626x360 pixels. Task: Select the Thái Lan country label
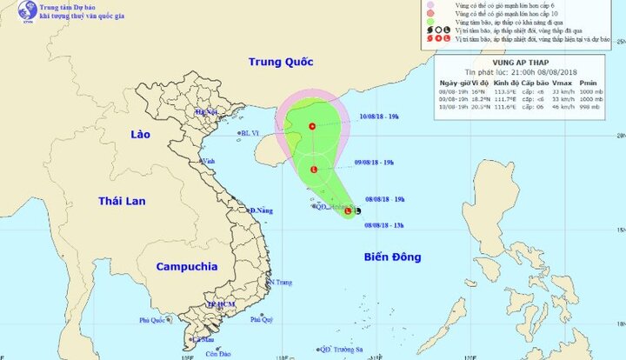pos(120,201)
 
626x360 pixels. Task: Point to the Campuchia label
pos(186,266)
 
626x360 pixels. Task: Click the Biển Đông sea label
pos(393,257)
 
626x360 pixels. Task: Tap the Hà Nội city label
pos(205,112)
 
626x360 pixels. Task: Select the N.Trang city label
pos(280,283)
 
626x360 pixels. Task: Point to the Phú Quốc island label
pos(152,321)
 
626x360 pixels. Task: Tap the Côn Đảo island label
pos(218,353)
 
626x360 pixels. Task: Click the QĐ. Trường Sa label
pos(340,350)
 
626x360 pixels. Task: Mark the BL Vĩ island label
pos(250,133)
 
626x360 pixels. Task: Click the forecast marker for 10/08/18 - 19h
pos(311,127)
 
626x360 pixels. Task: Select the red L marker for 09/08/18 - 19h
pos(313,170)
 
